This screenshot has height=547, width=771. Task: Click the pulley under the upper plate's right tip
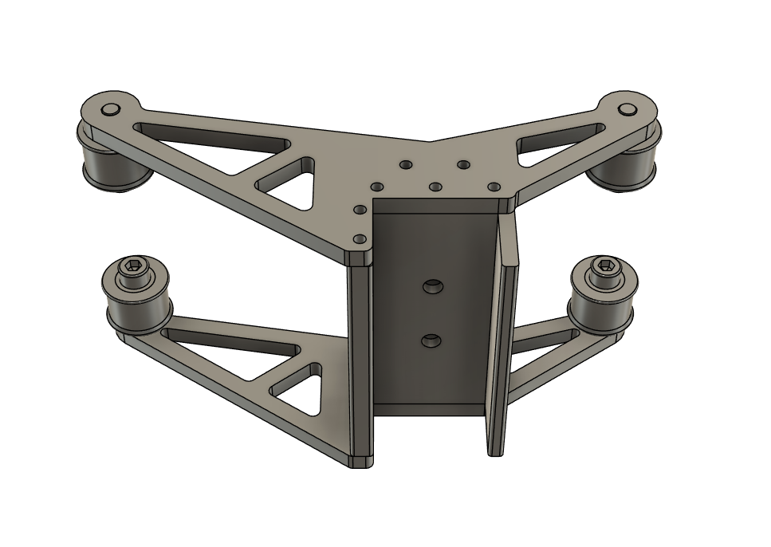click(627, 168)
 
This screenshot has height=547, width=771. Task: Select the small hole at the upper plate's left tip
click(110, 109)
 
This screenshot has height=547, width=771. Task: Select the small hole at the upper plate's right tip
click(628, 109)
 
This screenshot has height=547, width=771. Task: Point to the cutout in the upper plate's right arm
click(558, 144)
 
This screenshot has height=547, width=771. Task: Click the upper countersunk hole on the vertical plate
click(433, 285)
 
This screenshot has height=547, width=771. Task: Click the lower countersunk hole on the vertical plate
click(431, 341)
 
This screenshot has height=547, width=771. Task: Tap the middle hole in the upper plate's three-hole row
click(435, 187)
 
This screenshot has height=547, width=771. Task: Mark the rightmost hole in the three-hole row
click(494, 187)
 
